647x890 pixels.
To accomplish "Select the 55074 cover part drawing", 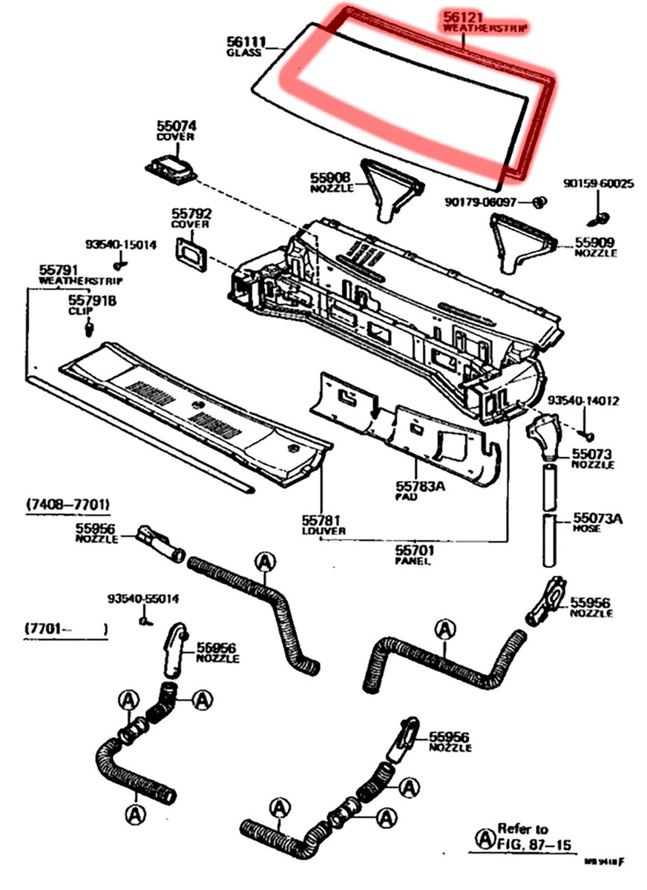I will [171, 168].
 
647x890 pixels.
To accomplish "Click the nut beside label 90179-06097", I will [540, 202].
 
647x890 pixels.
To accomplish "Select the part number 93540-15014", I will [120, 244].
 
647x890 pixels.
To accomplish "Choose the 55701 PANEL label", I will [414, 555].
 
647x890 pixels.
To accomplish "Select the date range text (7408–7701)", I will [68, 505].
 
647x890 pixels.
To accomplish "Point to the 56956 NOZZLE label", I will [217, 652].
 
